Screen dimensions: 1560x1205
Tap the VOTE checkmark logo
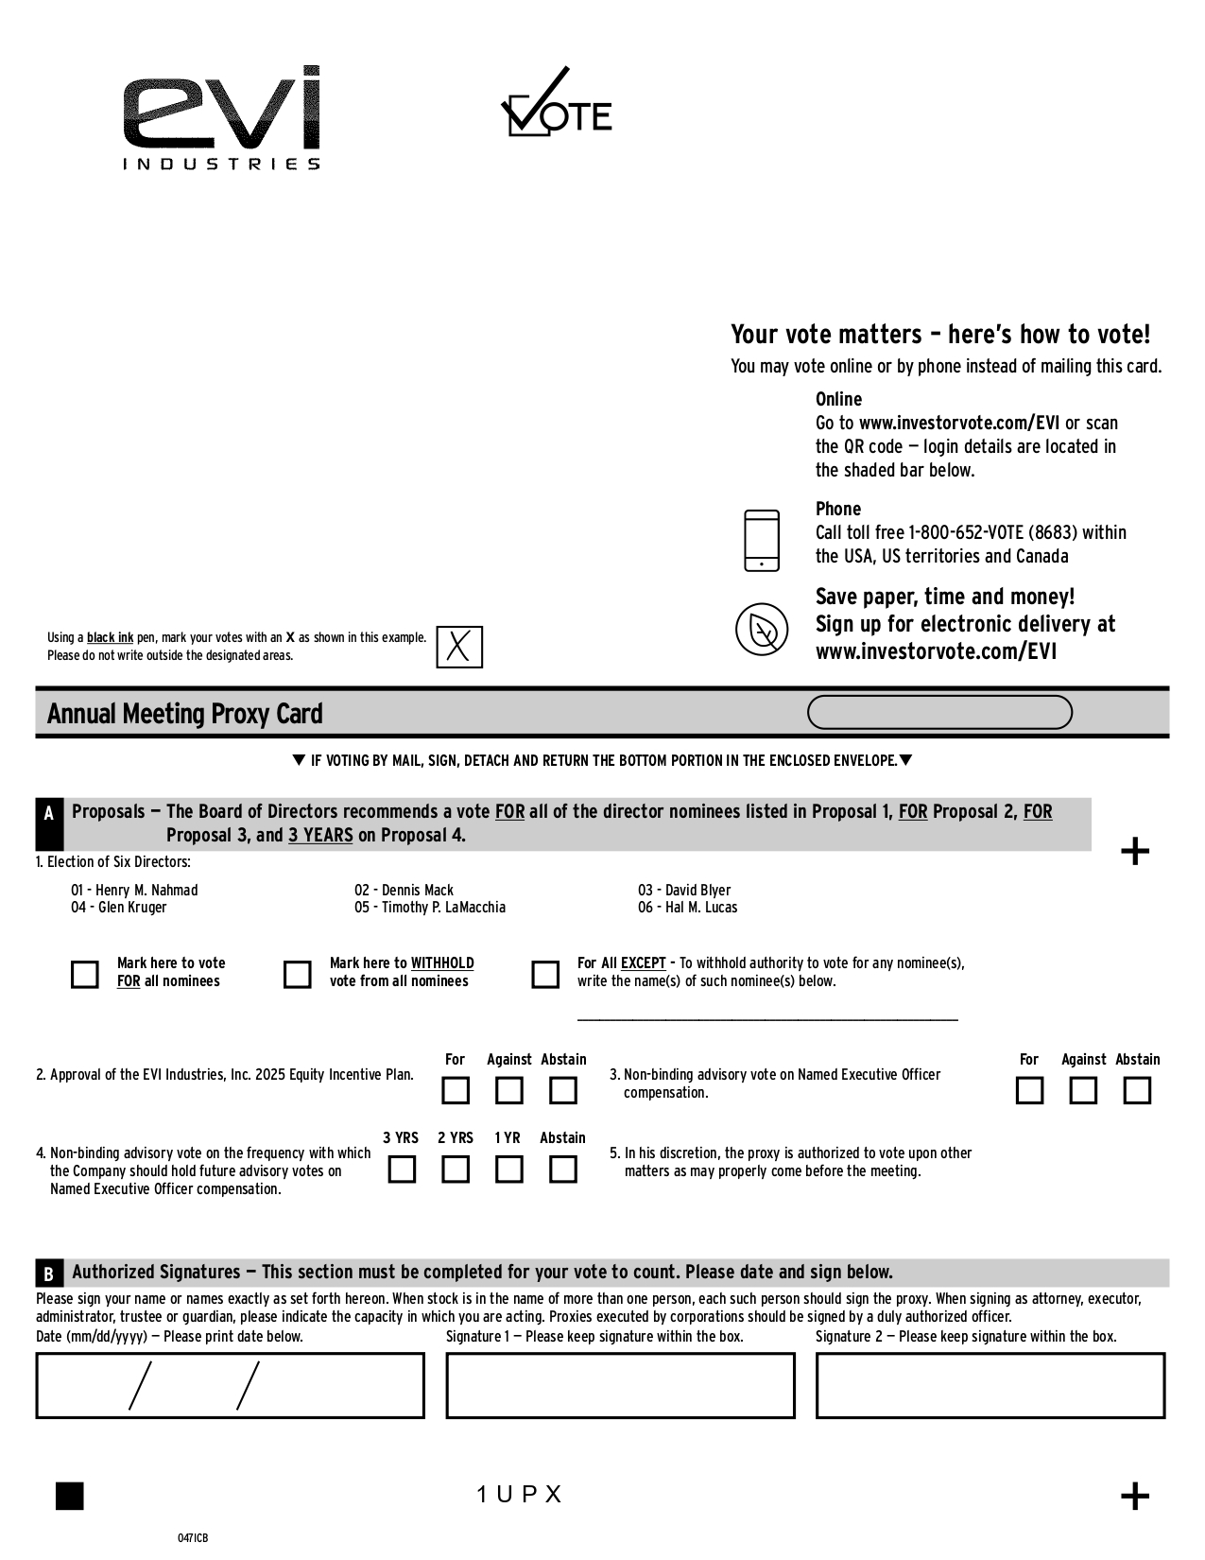tap(556, 104)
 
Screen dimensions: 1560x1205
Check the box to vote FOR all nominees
tap(85, 974)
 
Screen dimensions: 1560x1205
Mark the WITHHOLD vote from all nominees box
tap(298, 974)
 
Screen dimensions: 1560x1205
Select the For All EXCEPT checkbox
tap(545, 974)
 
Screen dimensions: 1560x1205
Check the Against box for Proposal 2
tap(509, 1091)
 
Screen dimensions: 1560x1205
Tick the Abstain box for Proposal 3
tap(1137, 1091)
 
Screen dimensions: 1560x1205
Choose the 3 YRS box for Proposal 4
tap(402, 1170)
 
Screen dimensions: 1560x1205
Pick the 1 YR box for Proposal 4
tap(509, 1170)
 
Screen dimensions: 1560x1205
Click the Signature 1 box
tap(620, 1385)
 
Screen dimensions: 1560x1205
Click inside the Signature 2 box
tap(990, 1385)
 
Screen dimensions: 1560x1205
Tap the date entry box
tap(230, 1385)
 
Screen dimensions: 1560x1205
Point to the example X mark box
tap(459, 647)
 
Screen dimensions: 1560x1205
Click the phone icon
tap(762, 541)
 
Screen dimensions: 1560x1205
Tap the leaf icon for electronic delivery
tap(762, 629)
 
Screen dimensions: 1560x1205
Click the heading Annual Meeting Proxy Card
tap(185, 714)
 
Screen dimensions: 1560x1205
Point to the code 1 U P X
tap(520, 1494)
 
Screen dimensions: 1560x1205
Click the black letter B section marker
tap(48, 1273)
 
